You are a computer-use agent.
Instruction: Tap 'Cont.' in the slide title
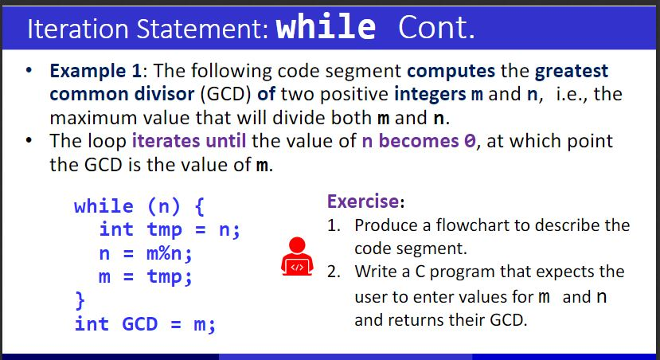click(x=435, y=29)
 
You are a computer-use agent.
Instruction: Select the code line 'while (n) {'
click(x=140, y=206)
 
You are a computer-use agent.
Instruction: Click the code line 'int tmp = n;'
click(x=170, y=230)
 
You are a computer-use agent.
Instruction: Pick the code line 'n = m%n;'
click(x=146, y=254)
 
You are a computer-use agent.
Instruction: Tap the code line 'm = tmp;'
click(x=146, y=277)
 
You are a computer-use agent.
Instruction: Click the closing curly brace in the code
click(x=79, y=301)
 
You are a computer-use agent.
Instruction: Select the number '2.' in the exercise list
click(x=335, y=271)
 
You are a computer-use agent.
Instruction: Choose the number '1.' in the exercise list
click(x=335, y=225)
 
